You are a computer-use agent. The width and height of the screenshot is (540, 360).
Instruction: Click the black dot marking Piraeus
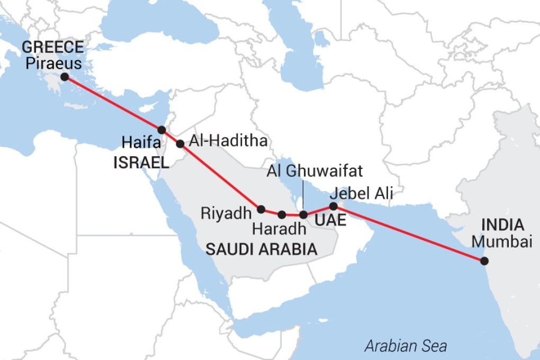pos(65,77)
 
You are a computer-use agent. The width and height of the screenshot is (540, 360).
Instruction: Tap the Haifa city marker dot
pos(162,130)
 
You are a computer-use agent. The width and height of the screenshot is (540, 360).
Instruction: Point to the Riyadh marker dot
pos(260,209)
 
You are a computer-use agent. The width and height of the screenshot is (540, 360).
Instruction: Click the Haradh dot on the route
pos(282,214)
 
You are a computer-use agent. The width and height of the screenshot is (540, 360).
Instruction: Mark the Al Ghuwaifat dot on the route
pos(303,214)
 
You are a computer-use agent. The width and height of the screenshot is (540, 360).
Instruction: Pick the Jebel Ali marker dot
pos(333,206)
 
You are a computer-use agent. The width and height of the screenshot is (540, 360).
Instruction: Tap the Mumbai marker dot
pos(483,260)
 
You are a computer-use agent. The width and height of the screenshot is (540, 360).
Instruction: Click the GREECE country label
pos(52,48)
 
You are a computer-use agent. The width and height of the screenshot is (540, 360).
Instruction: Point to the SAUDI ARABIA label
pos(261,249)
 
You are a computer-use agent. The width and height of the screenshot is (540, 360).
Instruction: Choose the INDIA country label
pos(503,225)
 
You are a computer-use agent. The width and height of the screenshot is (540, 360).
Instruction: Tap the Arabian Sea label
pos(406,347)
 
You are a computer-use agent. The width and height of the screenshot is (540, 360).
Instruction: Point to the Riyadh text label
pos(225,213)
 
